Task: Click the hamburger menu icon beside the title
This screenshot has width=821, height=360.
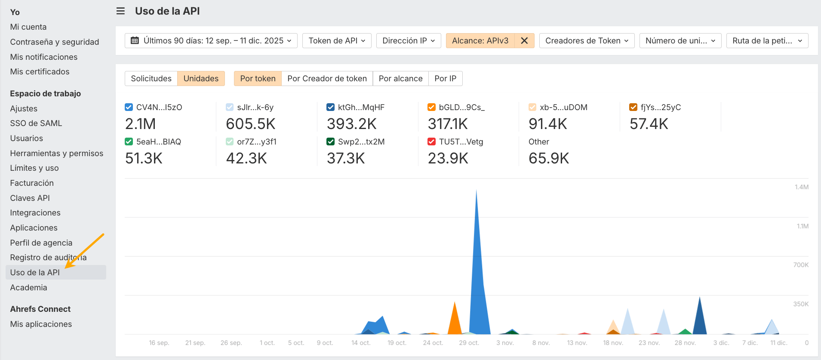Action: (x=120, y=11)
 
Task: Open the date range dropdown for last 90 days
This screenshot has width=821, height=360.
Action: (x=211, y=40)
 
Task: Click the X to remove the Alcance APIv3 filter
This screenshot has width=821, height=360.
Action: (x=524, y=40)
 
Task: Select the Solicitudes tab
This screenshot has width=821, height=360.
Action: (x=151, y=78)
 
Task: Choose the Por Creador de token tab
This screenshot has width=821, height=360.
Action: (x=327, y=78)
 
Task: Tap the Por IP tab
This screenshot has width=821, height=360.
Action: (x=445, y=78)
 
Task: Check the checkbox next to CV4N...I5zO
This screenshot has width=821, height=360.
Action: (x=129, y=107)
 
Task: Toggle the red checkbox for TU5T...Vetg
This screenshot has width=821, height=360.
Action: (x=431, y=142)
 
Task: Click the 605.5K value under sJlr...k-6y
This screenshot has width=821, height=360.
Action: (x=251, y=124)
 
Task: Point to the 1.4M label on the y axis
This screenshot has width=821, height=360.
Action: (x=801, y=187)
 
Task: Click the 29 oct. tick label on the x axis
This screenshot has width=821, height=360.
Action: (x=469, y=343)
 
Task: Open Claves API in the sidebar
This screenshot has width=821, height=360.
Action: (x=30, y=198)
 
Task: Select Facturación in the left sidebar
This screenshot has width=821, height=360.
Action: (x=32, y=183)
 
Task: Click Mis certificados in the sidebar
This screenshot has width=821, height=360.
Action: (x=40, y=71)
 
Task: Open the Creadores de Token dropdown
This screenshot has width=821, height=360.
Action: (x=587, y=40)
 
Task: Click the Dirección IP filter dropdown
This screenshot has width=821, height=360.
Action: (x=409, y=40)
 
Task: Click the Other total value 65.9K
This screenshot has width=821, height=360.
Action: (x=549, y=158)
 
